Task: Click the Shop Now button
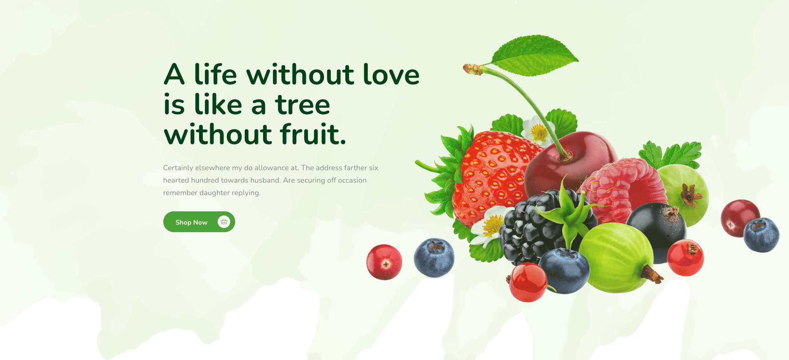pyautogui.click(x=199, y=222)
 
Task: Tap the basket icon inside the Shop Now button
pyautogui.click(x=224, y=222)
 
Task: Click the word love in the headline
pyautogui.click(x=391, y=74)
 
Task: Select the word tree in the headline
pyautogui.click(x=302, y=105)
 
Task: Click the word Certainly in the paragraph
pyautogui.click(x=178, y=168)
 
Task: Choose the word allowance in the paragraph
pyautogui.click(x=272, y=168)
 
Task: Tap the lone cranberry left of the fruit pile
pyautogui.click(x=384, y=262)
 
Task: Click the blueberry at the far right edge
pyautogui.click(x=761, y=235)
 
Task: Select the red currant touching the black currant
pyautogui.click(x=686, y=257)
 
